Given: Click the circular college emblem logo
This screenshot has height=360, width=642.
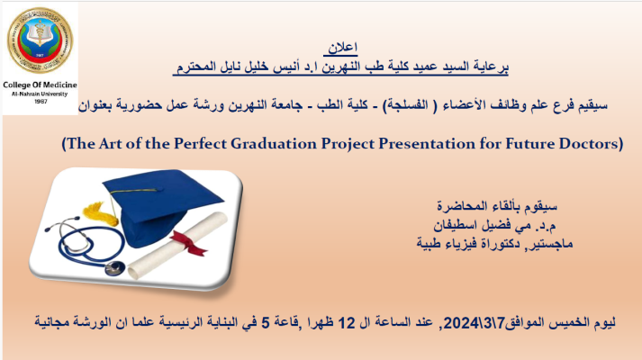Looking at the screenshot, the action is tap(40, 40).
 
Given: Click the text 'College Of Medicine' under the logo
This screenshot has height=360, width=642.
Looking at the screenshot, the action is tap(40, 85).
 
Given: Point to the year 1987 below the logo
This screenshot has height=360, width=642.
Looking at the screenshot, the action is tap(41, 102).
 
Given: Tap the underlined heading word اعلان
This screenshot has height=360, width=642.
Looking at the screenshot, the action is tap(343, 49).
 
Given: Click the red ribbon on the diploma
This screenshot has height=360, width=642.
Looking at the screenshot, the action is tap(189, 242).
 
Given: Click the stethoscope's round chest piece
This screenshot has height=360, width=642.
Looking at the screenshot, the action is tap(115, 268).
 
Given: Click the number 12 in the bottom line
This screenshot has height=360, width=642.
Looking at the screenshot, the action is tap(347, 323).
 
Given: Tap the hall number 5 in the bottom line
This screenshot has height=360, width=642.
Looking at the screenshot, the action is tap(266, 323).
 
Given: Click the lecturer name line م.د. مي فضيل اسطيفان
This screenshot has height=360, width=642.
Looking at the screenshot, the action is tap(494, 225).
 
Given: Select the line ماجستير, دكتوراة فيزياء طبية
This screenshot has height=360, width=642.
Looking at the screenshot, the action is tap(494, 244).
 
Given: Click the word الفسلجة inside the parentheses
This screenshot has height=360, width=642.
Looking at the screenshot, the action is tap(405, 105).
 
